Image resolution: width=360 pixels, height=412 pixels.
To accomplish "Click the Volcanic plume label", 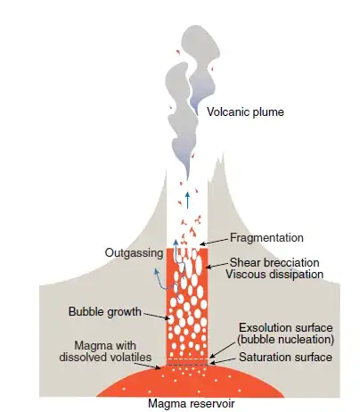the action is (x=245, y=112).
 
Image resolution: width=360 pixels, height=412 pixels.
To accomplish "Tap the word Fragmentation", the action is (x=266, y=238).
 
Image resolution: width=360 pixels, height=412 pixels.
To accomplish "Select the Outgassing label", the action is (x=134, y=253).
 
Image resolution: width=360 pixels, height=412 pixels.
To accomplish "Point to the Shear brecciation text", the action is (x=274, y=263).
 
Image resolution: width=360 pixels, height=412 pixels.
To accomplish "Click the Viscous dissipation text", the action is (x=274, y=274).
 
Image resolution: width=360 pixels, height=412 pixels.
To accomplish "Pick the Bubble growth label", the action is (x=105, y=312).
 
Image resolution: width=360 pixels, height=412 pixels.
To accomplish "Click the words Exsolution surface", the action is (x=286, y=328).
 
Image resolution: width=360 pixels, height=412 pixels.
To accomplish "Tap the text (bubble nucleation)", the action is (x=285, y=339).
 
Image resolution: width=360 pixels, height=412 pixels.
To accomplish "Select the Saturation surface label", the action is (x=285, y=357).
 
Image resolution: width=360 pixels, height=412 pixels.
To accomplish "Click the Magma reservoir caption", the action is (x=192, y=404).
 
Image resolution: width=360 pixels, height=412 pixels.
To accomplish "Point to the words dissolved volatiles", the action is (x=105, y=357).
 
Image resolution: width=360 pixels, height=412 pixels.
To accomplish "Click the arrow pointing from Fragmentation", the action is (x=215, y=242).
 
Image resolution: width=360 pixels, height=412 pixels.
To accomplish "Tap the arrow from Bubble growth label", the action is (x=156, y=316).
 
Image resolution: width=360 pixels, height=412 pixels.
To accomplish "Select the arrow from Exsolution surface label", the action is (x=222, y=350).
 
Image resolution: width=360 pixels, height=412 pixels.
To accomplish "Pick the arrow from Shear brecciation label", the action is (x=217, y=266).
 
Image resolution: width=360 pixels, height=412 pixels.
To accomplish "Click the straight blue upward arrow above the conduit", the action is (x=187, y=200).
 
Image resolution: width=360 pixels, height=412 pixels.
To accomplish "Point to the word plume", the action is (x=268, y=112).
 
